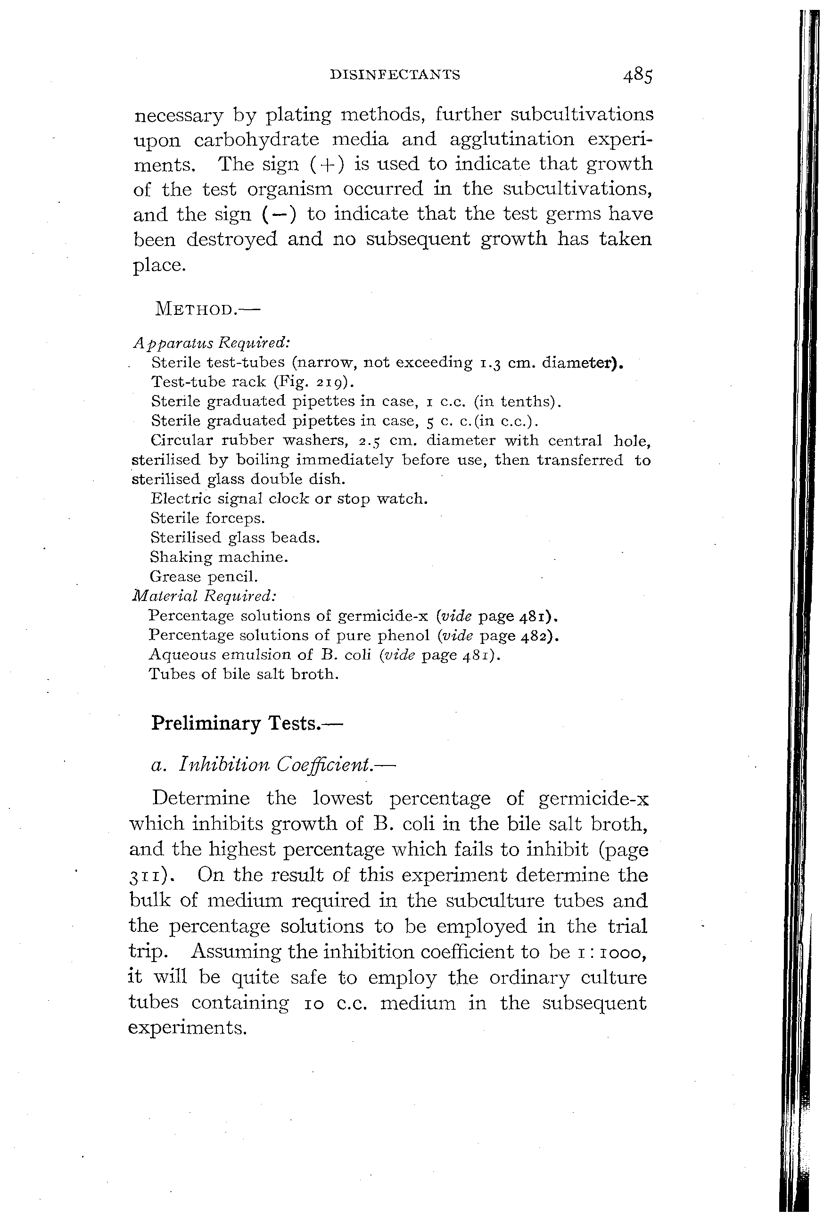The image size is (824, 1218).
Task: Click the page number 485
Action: click(638, 76)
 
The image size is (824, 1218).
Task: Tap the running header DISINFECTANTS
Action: click(395, 75)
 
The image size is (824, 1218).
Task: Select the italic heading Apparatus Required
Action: click(211, 343)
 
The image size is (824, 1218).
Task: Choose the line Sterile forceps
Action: click(207, 518)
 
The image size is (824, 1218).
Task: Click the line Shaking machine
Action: click(219, 557)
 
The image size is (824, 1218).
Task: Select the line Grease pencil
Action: click(204, 576)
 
